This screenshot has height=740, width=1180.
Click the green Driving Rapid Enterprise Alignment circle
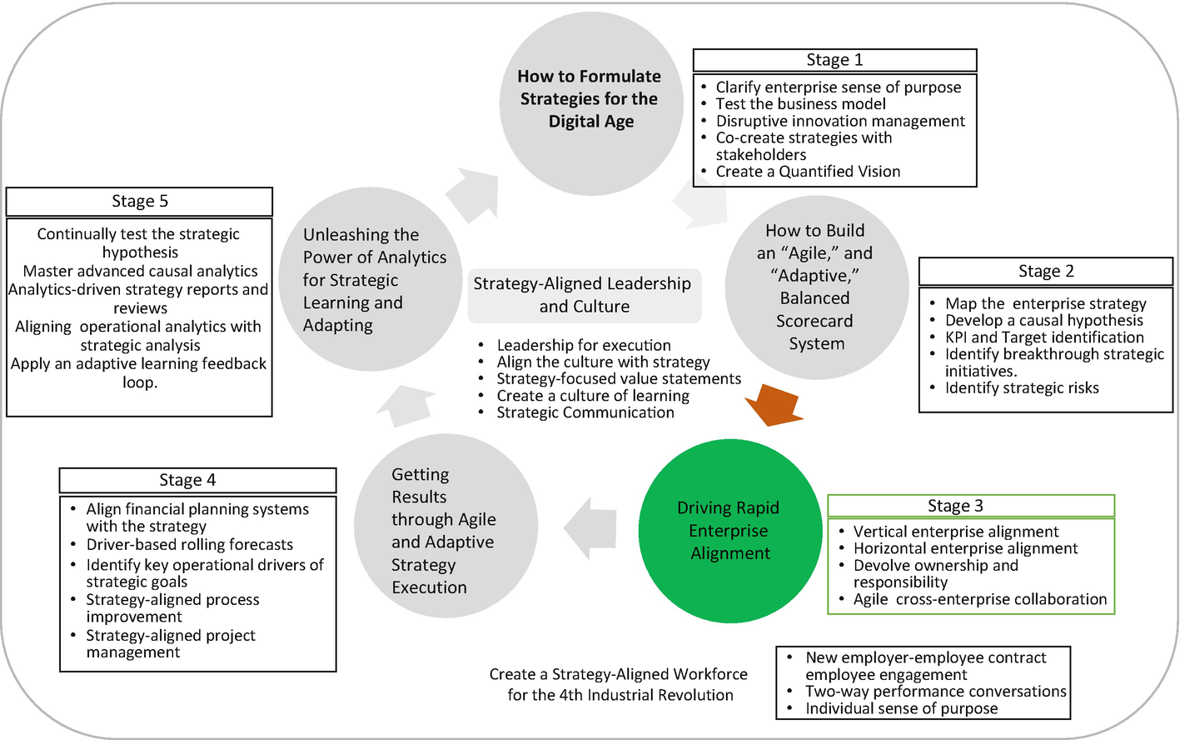coord(729,531)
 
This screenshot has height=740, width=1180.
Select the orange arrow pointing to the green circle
coord(774,403)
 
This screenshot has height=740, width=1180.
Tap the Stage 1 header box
coord(834,60)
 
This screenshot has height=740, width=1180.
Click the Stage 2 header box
coord(1045,272)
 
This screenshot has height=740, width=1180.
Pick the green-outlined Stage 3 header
coord(970,506)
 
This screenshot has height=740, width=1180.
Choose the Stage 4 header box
coord(197,480)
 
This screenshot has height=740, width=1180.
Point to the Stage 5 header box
coord(139,202)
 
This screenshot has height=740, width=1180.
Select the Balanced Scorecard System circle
coord(815,287)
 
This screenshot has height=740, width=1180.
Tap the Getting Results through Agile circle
coord(446,526)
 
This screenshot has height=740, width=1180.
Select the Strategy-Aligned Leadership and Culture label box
coord(584,295)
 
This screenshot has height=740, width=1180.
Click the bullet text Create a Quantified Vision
coord(808,172)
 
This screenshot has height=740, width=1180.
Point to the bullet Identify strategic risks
coord(1022,388)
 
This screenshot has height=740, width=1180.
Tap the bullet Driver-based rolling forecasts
coord(190,545)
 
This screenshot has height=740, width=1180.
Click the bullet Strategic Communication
coord(585,413)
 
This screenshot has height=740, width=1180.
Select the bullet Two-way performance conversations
coord(935,692)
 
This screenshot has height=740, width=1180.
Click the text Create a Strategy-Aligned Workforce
coord(619,674)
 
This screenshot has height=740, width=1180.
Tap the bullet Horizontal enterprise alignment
coord(965,548)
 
